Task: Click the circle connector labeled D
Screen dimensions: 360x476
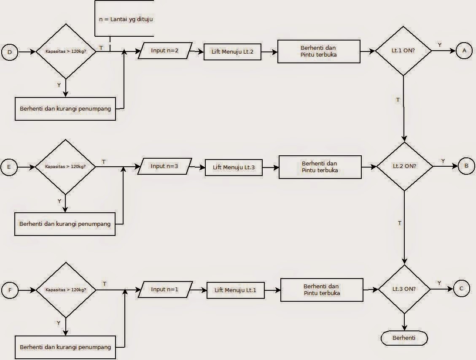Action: click(9, 52)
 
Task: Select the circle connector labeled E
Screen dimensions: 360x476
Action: click(9, 167)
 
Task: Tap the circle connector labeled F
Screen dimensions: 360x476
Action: click(10, 290)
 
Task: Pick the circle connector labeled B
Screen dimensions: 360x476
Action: click(466, 166)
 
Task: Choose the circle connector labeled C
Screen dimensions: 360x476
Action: click(461, 289)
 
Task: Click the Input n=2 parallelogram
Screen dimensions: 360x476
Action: click(165, 51)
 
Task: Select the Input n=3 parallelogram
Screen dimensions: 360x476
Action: click(164, 166)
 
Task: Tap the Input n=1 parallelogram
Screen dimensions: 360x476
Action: click(165, 290)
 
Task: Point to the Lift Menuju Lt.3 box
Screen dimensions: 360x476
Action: click(234, 168)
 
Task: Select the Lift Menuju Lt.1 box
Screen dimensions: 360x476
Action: click(235, 290)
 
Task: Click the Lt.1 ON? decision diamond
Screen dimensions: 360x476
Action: click(403, 51)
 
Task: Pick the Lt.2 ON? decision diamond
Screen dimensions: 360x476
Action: click(404, 166)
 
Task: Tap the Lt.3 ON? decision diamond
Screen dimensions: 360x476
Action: click(404, 289)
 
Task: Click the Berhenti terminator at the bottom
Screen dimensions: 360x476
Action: click(404, 338)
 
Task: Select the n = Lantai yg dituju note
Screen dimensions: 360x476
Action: click(124, 19)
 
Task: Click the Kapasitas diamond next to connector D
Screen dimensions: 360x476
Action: click(65, 51)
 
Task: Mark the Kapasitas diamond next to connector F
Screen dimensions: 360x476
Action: click(65, 290)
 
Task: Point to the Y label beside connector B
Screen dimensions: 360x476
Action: click(443, 161)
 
